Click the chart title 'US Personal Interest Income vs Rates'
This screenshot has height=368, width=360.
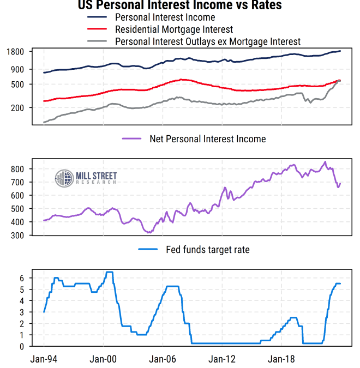(180, 5)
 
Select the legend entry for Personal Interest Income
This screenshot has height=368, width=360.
(165, 17)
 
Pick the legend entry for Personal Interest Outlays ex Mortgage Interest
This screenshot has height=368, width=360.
(208, 41)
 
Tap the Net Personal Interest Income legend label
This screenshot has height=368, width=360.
(208, 139)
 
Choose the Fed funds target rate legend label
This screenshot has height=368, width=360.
(208, 250)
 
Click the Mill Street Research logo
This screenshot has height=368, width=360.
(86, 177)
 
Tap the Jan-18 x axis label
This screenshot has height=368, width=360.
(280, 359)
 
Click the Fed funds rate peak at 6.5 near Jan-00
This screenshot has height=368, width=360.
(109, 272)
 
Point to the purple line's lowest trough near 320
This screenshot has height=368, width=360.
(149, 232)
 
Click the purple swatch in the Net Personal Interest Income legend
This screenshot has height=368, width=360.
(133, 139)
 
